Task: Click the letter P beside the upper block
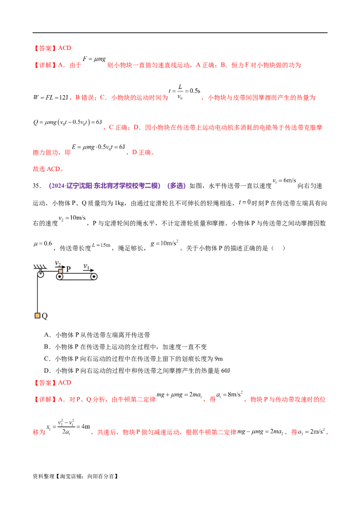[x=68, y=269]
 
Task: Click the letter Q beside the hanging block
[x=45, y=316]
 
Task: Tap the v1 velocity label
[x=86, y=266]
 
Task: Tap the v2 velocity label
[x=58, y=263]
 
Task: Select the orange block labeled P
[x=61, y=271]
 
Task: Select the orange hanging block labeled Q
[x=37, y=316]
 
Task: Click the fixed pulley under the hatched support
[x=40, y=274]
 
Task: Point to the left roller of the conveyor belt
[x=59, y=277]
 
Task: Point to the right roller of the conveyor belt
[x=94, y=277]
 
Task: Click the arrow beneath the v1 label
[x=89, y=270]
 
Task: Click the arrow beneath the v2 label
[x=60, y=267]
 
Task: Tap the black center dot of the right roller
[x=94, y=277]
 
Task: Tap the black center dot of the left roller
[x=59, y=277]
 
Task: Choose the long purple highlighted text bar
[x=104, y=186]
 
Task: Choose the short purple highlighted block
[x=176, y=186]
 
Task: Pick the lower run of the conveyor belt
[x=76, y=280]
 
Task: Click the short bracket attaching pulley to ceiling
[x=40, y=271]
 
